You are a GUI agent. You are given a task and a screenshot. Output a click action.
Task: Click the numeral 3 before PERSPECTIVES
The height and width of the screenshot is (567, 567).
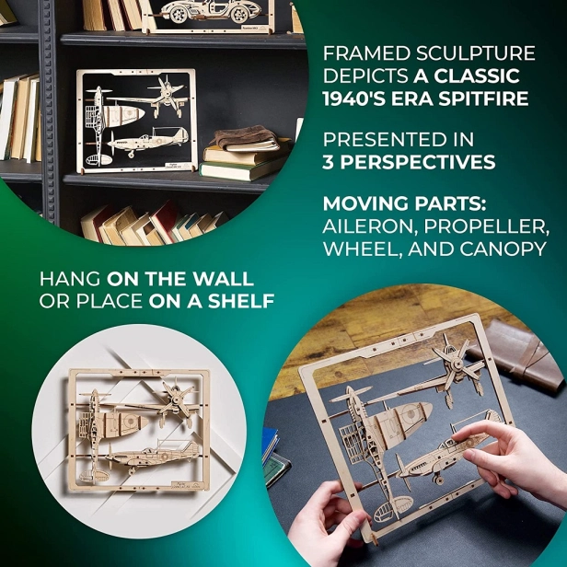[329, 163]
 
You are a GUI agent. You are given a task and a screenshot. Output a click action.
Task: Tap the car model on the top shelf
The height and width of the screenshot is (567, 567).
[207, 11]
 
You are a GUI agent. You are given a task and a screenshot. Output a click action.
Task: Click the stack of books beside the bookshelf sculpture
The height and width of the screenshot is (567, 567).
[241, 153]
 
